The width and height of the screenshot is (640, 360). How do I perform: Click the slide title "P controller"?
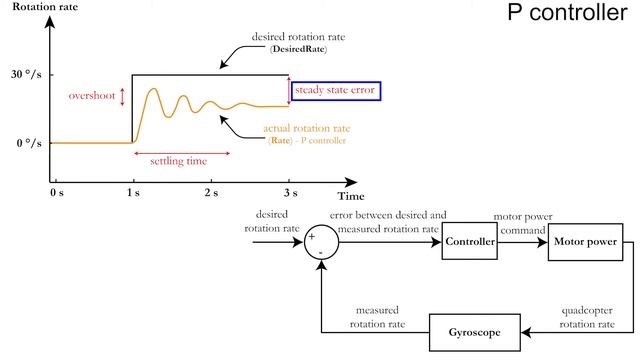(x=562, y=16)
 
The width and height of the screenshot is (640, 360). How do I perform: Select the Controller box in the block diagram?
(x=469, y=241)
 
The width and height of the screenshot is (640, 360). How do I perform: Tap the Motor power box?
(x=584, y=241)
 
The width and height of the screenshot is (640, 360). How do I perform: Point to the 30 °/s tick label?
(x=27, y=75)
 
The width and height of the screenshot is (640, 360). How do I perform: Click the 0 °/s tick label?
(x=27, y=143)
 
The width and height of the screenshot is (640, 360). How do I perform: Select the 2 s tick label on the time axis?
(x=211, y=190)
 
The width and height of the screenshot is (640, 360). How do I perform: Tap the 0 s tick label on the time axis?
(x=56, y=190)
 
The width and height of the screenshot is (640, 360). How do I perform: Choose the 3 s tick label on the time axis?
(x=290, y=190)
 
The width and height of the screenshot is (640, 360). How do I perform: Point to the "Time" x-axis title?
(x=350, y=196)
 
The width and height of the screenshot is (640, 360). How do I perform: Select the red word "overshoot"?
(x=91, y=96)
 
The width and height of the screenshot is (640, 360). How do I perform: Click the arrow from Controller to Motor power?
(x=521, y=241)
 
